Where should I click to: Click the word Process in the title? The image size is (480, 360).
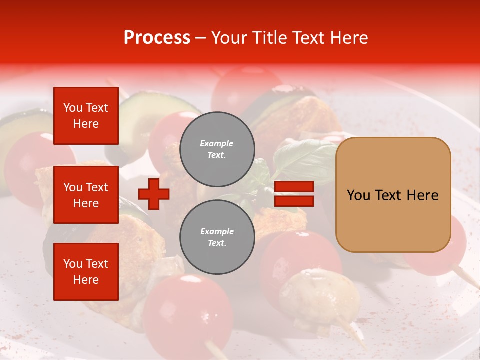(x=157, y=38)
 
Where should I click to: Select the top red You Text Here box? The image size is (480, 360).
(x=86, y=116)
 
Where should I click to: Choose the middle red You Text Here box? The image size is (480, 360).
(x=86, y=195)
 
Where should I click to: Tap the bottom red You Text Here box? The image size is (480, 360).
(x=86, y=272)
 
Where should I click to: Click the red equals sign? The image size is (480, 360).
(x=294, y=194)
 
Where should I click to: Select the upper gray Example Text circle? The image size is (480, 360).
(x=217, y=149)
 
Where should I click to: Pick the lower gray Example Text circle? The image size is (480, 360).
(x=217, y=237)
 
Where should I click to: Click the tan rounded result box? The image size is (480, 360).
(x=393, y=195)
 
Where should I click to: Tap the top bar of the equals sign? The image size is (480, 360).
(x=294, y=187)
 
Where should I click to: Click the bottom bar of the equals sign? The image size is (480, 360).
(x=294, y=201)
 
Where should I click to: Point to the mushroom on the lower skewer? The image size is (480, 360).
(x=320, y=295)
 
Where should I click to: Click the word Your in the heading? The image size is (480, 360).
(x=229, y=38)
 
